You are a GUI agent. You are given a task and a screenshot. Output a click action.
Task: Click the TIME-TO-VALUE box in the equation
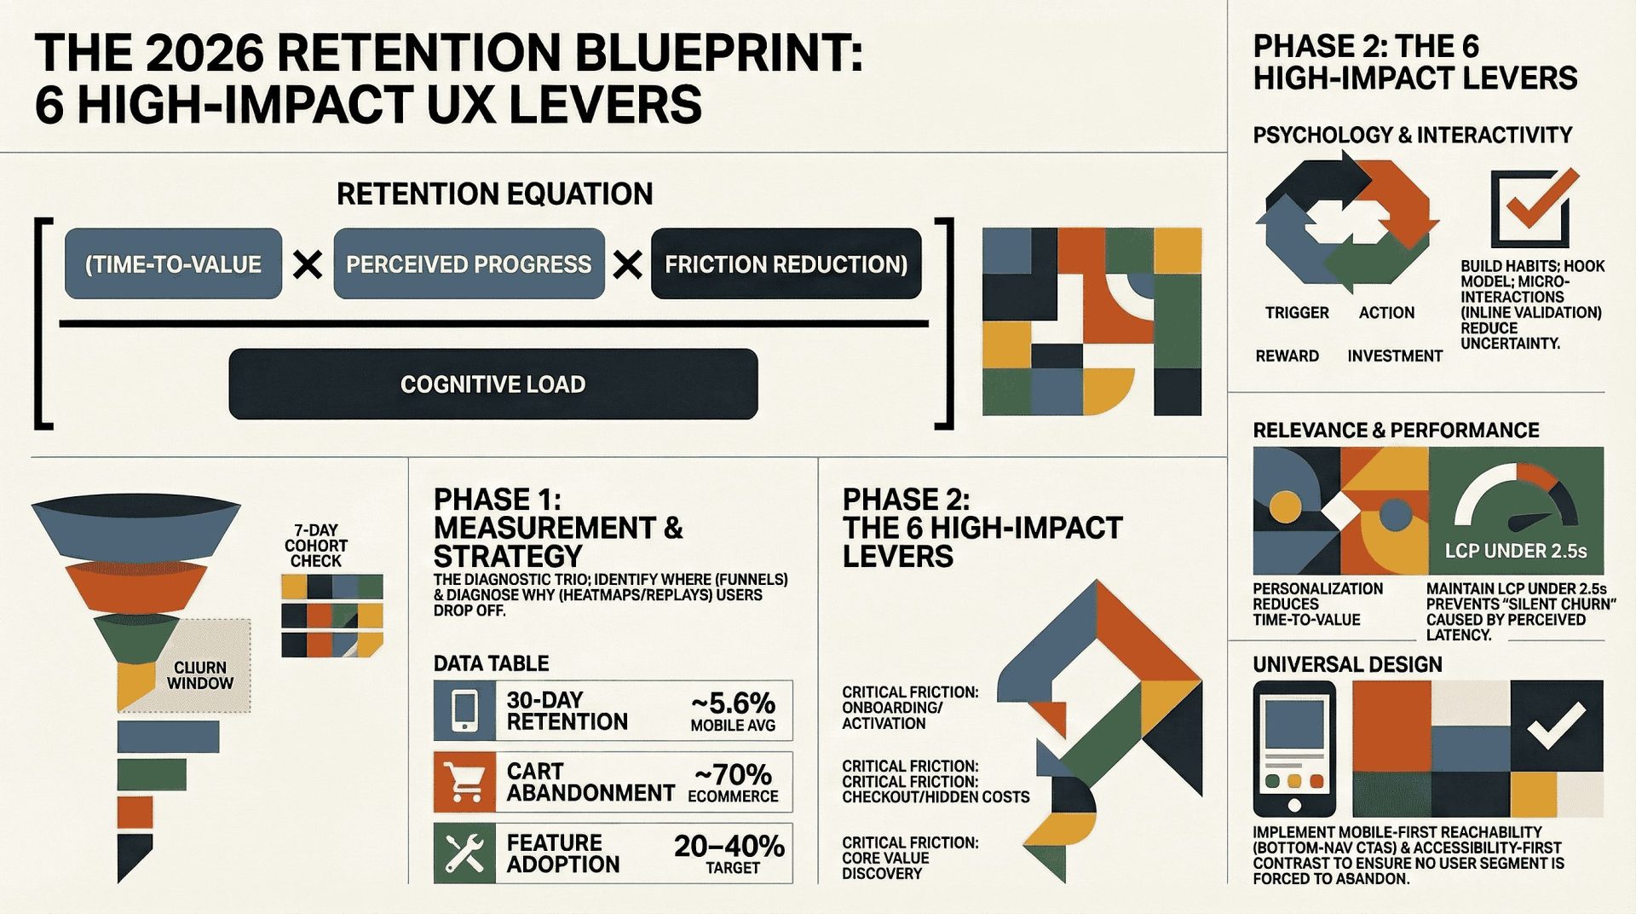click(x=173, y=264)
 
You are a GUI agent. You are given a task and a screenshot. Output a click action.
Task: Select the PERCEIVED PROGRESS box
click(x=469, y=264)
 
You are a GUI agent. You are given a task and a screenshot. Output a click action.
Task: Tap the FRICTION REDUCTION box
click(x=786, y=264)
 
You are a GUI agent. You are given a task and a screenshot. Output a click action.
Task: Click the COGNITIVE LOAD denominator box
click(x=493, y=385)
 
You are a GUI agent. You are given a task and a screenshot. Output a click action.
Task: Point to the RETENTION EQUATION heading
click(x=494, y=194)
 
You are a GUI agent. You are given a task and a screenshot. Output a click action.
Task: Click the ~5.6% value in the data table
click(x=733, y=703)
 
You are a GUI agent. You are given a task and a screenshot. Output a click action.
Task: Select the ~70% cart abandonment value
click(x=733, y=775)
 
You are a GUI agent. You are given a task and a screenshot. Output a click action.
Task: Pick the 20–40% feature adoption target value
click(x=729, y=846)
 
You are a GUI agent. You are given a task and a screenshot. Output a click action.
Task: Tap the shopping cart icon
click(x=464, y=782)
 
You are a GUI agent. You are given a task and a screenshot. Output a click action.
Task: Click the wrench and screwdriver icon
click(x=464, y=853)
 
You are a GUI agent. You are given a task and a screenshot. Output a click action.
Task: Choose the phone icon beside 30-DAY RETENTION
click(x=464, y=710)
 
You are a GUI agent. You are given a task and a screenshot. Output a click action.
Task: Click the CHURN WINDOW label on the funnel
click(x=200, y=675)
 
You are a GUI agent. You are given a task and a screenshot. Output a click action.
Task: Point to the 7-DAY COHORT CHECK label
click(x=316, y=546)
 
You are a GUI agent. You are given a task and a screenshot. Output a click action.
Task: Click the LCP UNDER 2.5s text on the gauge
click(x=1516, y=552)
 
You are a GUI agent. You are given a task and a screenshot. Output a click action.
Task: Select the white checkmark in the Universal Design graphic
click(x=1556, y=726)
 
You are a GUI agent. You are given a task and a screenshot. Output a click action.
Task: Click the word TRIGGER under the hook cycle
click(x=1297, y=313)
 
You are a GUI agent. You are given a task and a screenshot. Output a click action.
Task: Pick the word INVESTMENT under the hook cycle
click(x=1395, y=356)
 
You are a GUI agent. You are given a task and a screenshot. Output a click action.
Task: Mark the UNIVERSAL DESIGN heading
click(x=1347, y=665)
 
